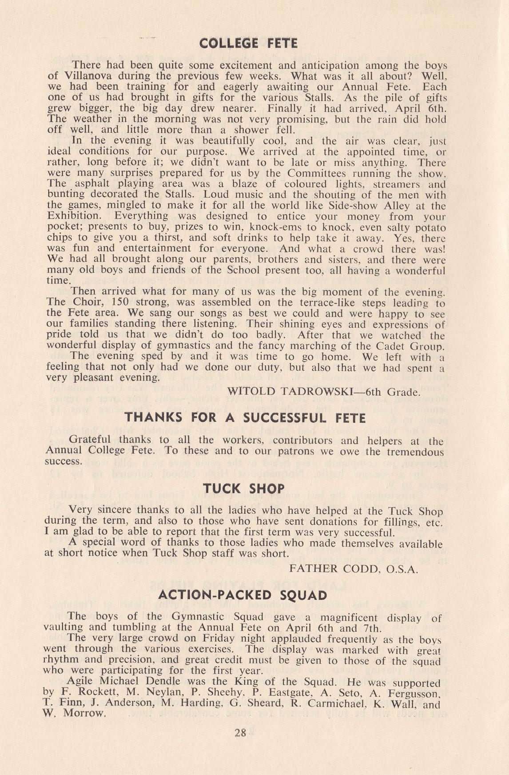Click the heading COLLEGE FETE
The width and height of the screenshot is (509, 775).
tap(248, 44)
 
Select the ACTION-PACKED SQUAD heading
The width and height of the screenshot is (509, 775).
tap(243, 595)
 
